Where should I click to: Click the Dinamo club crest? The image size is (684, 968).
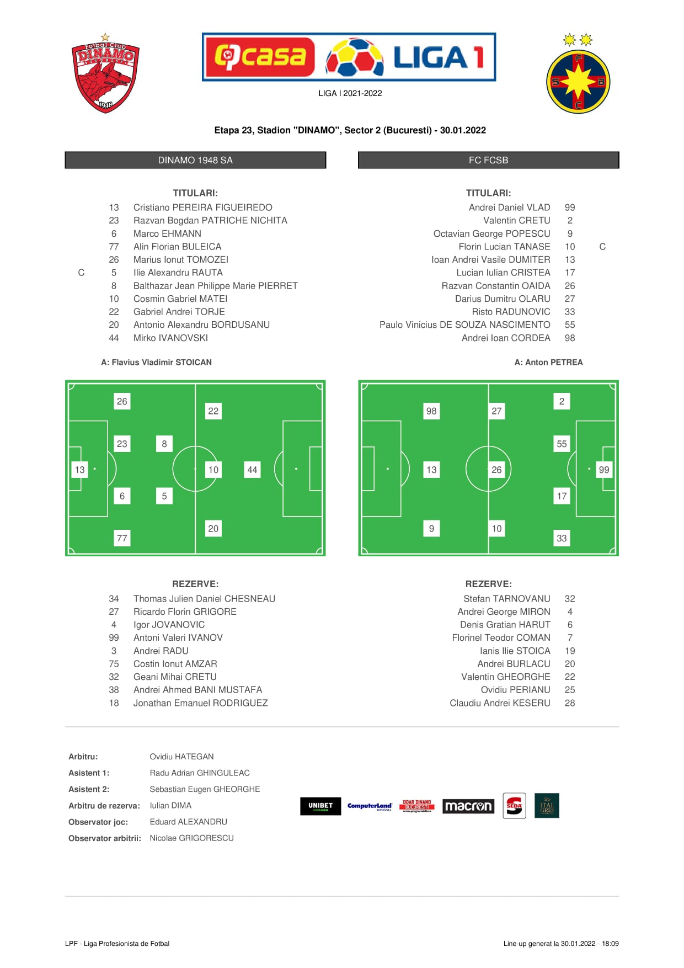pyautogui.click(x=105, y=73)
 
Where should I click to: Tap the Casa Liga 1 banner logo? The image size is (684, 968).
pyautogui.click(x=349, y=57)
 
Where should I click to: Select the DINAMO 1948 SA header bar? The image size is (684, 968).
pyautogui.click(x=195, y=160)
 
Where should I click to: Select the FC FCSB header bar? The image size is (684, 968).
pyautogui.click(x=488, y=160)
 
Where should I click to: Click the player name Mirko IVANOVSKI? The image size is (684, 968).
pyautogui.click(x=170, y=338)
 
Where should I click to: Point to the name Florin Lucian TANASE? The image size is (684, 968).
pyautogui.click(x=504, y=247)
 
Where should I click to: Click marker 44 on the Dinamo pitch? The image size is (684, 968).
pyautogui.click(x=252, y=470)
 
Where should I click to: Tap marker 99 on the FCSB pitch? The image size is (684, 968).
pyautogui.click(x=604, y=470)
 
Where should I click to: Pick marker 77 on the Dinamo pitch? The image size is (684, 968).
pyautogui.click(x=122, y=538)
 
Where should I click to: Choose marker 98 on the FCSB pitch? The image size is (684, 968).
pyautogui.click(x=431, y=411)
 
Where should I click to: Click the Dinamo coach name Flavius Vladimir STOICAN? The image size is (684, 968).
pyautogui.click(x=162, y=363)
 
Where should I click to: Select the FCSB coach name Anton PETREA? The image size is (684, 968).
pyautogui.click(x=554, y=363)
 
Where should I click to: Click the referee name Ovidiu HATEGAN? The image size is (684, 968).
pyautogui.click(x=181, y=757)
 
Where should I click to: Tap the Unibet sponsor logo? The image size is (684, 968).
pyautogui.click(x=320, y=806)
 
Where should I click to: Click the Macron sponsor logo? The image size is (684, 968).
pyautogui.click(x=468, y=806)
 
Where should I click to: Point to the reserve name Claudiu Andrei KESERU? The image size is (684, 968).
pyautogui.click(x=500, y=703)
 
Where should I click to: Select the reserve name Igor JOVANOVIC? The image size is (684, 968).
pyautogui.click(x=169, y=625)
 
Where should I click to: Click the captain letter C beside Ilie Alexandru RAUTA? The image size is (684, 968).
pyautogui.click(x=81, y=273)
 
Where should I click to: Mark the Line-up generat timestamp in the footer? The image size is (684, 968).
pyautogui.click(x=561, y=944)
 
